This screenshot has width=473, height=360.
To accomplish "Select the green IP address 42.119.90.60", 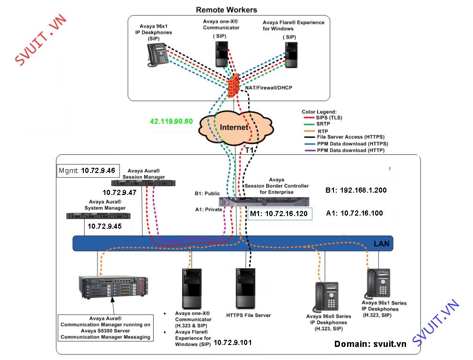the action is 171,121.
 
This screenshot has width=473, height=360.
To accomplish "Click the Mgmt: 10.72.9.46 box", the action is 88,171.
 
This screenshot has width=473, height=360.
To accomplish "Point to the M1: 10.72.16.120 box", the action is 280,214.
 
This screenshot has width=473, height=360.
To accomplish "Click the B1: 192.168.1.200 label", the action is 356,190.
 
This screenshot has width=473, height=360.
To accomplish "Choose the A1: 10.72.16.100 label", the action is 355,213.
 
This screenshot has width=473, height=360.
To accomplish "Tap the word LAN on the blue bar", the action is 381,244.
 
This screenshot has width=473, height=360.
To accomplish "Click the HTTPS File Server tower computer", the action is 245,288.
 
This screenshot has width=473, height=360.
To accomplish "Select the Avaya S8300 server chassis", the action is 113,286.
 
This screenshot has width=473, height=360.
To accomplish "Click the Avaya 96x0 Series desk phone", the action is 327,297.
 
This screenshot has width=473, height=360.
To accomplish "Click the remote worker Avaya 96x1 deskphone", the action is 157,55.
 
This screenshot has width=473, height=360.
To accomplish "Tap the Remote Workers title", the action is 227,10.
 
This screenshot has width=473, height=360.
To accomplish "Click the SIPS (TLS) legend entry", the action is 323,118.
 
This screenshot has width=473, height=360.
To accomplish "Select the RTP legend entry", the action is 316,131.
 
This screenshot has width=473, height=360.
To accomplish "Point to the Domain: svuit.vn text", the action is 370,344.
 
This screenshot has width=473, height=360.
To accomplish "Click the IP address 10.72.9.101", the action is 233,343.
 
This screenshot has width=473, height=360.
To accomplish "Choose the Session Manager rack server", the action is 143,183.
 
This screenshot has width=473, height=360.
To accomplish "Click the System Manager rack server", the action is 98,216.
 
